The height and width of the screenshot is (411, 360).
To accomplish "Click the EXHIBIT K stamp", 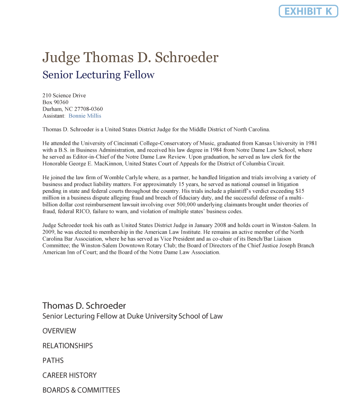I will pos(308,11).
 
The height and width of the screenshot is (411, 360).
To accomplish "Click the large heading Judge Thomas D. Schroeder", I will pos(130,57).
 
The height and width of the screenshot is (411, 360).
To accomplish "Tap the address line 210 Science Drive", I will pos(64,95).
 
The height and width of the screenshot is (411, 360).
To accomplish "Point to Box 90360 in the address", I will pos(55,102).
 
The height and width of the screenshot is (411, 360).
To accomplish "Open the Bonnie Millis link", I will pos(85,116).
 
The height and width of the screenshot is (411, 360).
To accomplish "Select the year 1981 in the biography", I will pos(311,143).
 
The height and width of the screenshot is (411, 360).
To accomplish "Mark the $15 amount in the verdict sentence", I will pos(299,191).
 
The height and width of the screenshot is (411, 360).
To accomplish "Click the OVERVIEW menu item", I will pos(59,331).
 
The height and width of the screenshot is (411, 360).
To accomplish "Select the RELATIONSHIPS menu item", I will pos(68,346).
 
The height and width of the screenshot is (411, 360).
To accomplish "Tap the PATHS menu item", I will pos(53,361).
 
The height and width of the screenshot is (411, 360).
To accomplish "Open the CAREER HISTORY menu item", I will pos(69,375).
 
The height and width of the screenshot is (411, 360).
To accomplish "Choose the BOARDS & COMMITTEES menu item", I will pos(81,390).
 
